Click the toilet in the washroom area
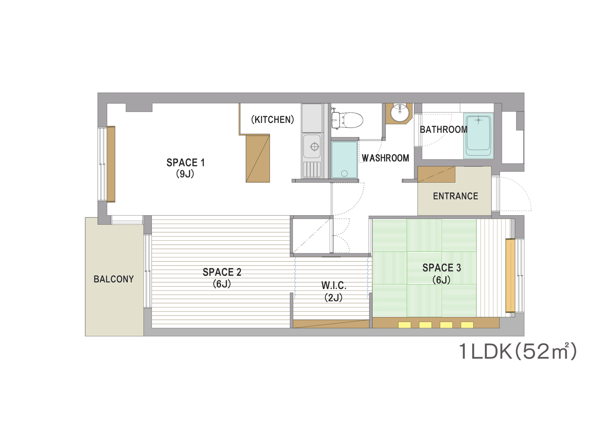click(x=347, y=120)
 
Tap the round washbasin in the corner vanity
click(x=400, y=113)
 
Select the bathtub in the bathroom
click(x=478, y=136)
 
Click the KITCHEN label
click(x=273, y=120)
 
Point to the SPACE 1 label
click(x=186, y=162)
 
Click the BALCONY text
click(x=114, y=279)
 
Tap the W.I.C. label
click(x=334, y=286)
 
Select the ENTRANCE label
click(x=456, y=196)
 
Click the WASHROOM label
click(x=385, y=158)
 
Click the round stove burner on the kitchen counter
click(x=314, y=147)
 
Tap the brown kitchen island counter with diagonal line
click(x=258, y=158)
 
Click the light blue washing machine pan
click(x=344, y=160)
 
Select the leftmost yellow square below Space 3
click(x=405, y=325)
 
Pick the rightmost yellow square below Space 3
click(x=467, y=325)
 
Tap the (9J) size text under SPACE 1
click(x=185, y=174)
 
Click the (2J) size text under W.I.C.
click(x=334, y=297)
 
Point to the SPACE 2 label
click(x=222, y=272)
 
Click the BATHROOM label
click(x=444, y=130)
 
